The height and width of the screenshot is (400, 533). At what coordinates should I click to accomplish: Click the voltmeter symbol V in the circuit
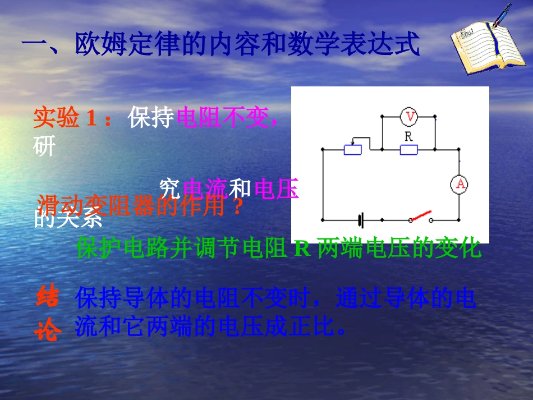tap(410, 117)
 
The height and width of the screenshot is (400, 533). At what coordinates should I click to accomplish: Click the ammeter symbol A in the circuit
tap(460, 184)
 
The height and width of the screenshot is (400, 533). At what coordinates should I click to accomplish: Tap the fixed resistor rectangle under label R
tap(408, 150)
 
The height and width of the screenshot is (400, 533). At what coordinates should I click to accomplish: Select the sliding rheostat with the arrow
tap(352, 149)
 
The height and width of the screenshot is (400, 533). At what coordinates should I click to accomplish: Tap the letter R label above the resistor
tap(408, 136)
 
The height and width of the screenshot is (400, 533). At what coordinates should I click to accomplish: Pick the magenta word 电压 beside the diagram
tap(276, 189)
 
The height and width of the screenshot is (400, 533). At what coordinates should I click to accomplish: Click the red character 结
tap(47, 298)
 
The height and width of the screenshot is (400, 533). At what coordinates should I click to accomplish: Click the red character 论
tap(47, 330)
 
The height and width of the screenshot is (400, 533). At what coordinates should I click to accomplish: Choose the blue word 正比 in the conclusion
tap(312, 327)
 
